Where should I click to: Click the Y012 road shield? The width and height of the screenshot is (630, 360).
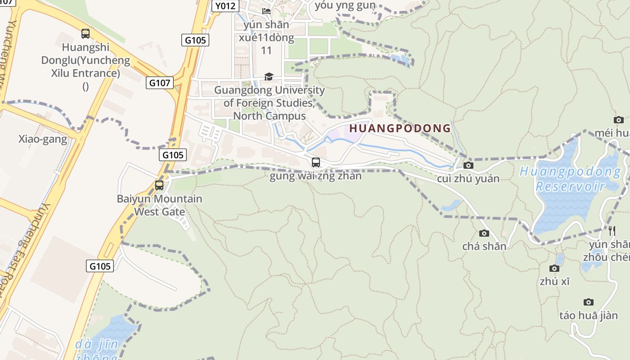point(225,6)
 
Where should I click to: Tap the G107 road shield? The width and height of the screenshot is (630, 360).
point(160,83)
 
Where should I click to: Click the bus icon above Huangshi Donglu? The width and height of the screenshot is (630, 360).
point(85,33)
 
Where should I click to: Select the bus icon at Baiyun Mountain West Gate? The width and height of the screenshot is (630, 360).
point(159,185)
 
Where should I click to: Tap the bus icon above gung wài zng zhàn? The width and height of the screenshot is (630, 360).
point(316,162)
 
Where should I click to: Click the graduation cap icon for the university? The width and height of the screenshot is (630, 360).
point(269,76)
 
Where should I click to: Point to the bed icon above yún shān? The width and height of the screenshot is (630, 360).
point(266,11)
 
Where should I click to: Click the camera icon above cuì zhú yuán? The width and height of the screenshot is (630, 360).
point(468,165)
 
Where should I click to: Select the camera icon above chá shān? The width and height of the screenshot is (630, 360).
point(484,233)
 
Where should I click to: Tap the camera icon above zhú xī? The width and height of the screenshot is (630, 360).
point(554,268)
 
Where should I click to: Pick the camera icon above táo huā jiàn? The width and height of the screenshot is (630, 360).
point(588,302)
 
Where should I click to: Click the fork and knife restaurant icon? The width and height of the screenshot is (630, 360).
point(612,231)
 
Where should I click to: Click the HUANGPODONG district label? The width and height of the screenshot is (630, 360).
point(400,128)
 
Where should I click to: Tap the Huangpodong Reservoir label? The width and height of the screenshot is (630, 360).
point(570,179)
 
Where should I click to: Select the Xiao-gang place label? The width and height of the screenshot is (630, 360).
point(43,139)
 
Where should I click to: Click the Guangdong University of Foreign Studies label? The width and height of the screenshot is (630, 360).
point(269,103)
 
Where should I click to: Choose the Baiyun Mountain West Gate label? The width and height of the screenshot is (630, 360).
point(159,205)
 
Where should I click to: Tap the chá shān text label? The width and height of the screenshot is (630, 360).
point(484,246)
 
